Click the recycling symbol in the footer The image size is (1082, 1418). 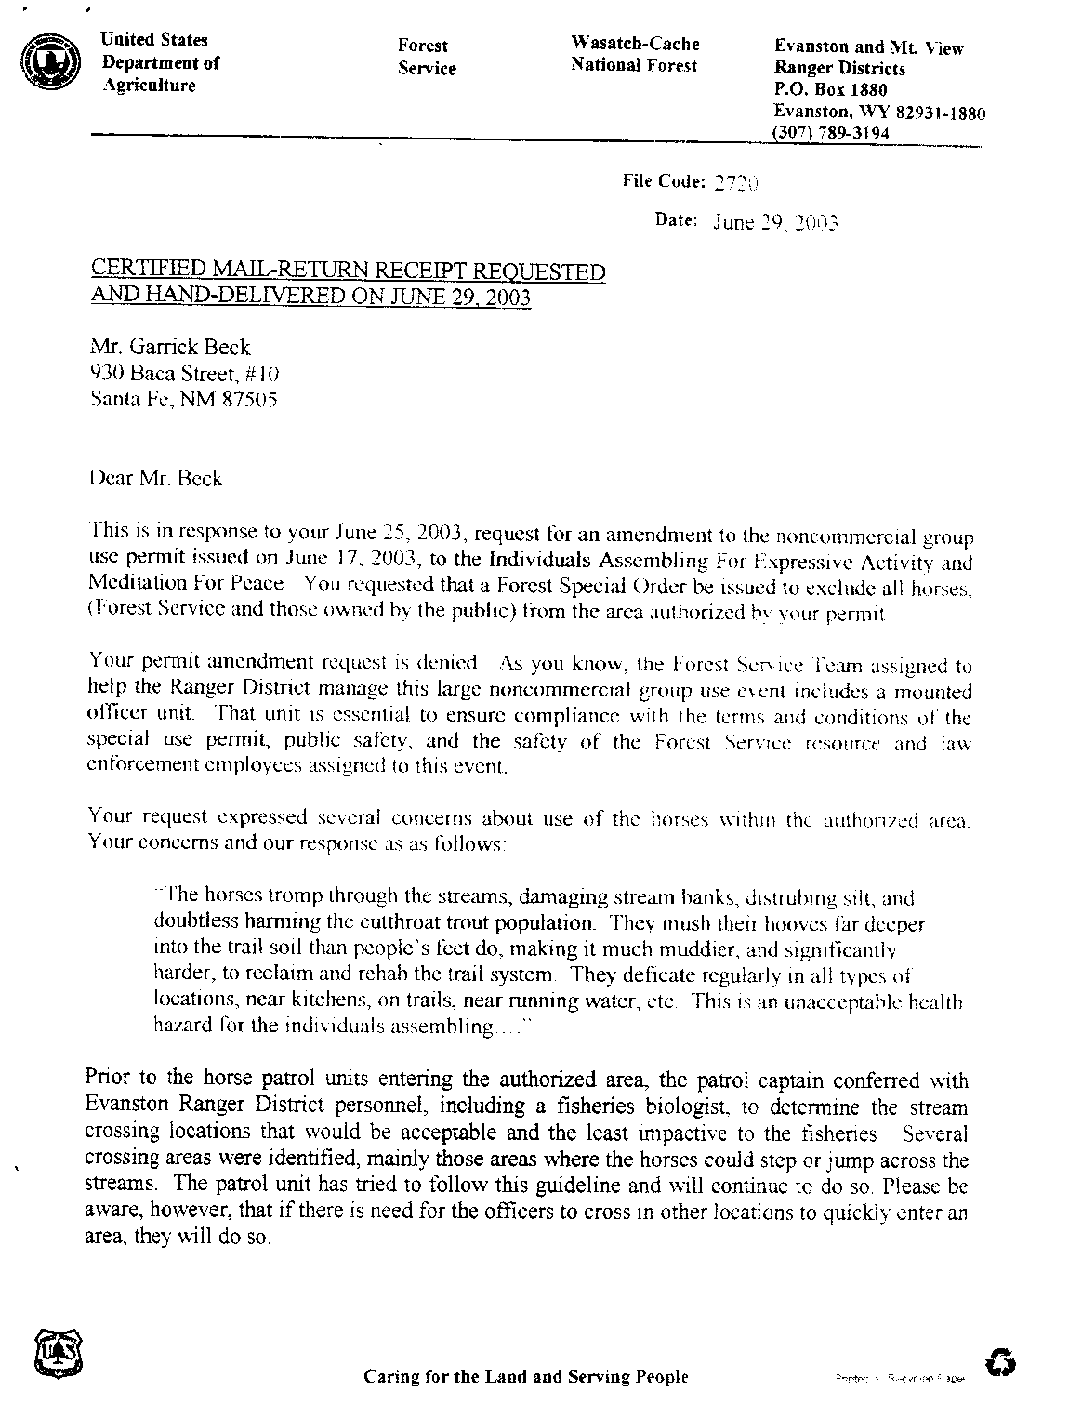coord(1002,1362)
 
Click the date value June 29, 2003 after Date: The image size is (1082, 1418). coord(775,222)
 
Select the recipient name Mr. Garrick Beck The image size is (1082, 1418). coord(170,347)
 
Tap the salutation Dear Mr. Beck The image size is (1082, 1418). coord(155,479)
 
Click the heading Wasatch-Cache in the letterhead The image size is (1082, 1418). coord(634,44)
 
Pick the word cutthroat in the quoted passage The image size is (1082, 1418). coord(344,924)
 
